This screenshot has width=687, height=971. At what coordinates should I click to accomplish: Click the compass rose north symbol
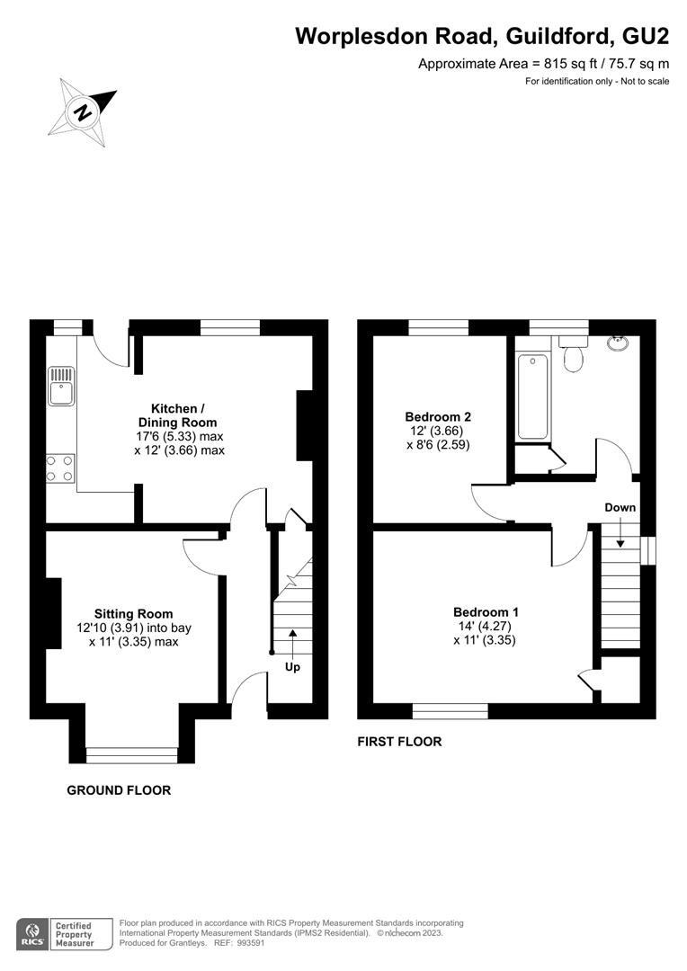point(83,112)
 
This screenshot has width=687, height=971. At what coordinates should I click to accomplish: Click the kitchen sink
point(61,386)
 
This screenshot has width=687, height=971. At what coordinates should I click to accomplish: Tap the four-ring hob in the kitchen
point(61,468)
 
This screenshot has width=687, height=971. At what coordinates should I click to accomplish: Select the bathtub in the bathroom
point(532,397)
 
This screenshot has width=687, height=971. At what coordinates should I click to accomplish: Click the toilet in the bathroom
point(574,354)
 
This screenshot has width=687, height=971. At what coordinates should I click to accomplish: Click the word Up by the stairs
point(291,667)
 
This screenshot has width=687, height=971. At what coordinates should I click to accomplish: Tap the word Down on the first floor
point(620,507)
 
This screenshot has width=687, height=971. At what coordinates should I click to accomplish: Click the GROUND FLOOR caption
point(119,790)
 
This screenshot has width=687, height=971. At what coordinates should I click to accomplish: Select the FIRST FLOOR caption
point(399,741)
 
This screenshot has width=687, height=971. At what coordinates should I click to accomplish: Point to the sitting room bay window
point(132,755)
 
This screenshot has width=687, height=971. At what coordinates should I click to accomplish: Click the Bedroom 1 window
point(451,711)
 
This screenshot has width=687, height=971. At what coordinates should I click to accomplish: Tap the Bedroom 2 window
point(439,327)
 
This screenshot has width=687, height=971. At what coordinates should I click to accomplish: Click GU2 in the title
point(646,36)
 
